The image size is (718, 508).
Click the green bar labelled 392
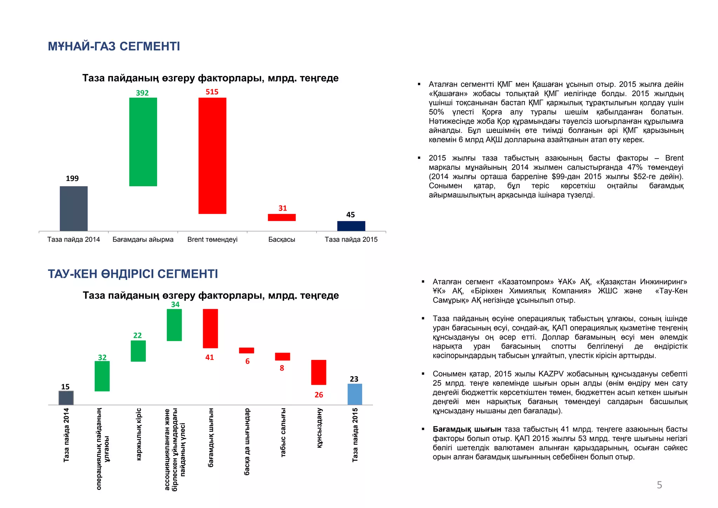143,142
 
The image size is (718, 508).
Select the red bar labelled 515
212,155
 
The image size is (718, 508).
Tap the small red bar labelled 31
282,218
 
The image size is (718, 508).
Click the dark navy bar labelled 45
351,226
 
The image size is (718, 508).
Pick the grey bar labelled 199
74,208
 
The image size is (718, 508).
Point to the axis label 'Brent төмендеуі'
212,240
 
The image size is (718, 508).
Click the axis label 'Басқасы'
282,240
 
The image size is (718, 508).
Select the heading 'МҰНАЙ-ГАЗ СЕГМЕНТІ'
114,46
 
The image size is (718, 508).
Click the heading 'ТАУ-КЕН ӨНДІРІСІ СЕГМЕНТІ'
133,274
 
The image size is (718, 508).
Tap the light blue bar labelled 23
355,394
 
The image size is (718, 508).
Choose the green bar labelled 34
174,325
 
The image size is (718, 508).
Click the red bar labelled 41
210,328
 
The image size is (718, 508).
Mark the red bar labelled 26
319,372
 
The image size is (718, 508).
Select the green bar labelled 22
138,351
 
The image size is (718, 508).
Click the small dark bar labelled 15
66,398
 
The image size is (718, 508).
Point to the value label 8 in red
282,368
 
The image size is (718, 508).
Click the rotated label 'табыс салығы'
283,432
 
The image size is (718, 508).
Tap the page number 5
659,485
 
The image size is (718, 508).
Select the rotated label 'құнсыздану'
319,428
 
